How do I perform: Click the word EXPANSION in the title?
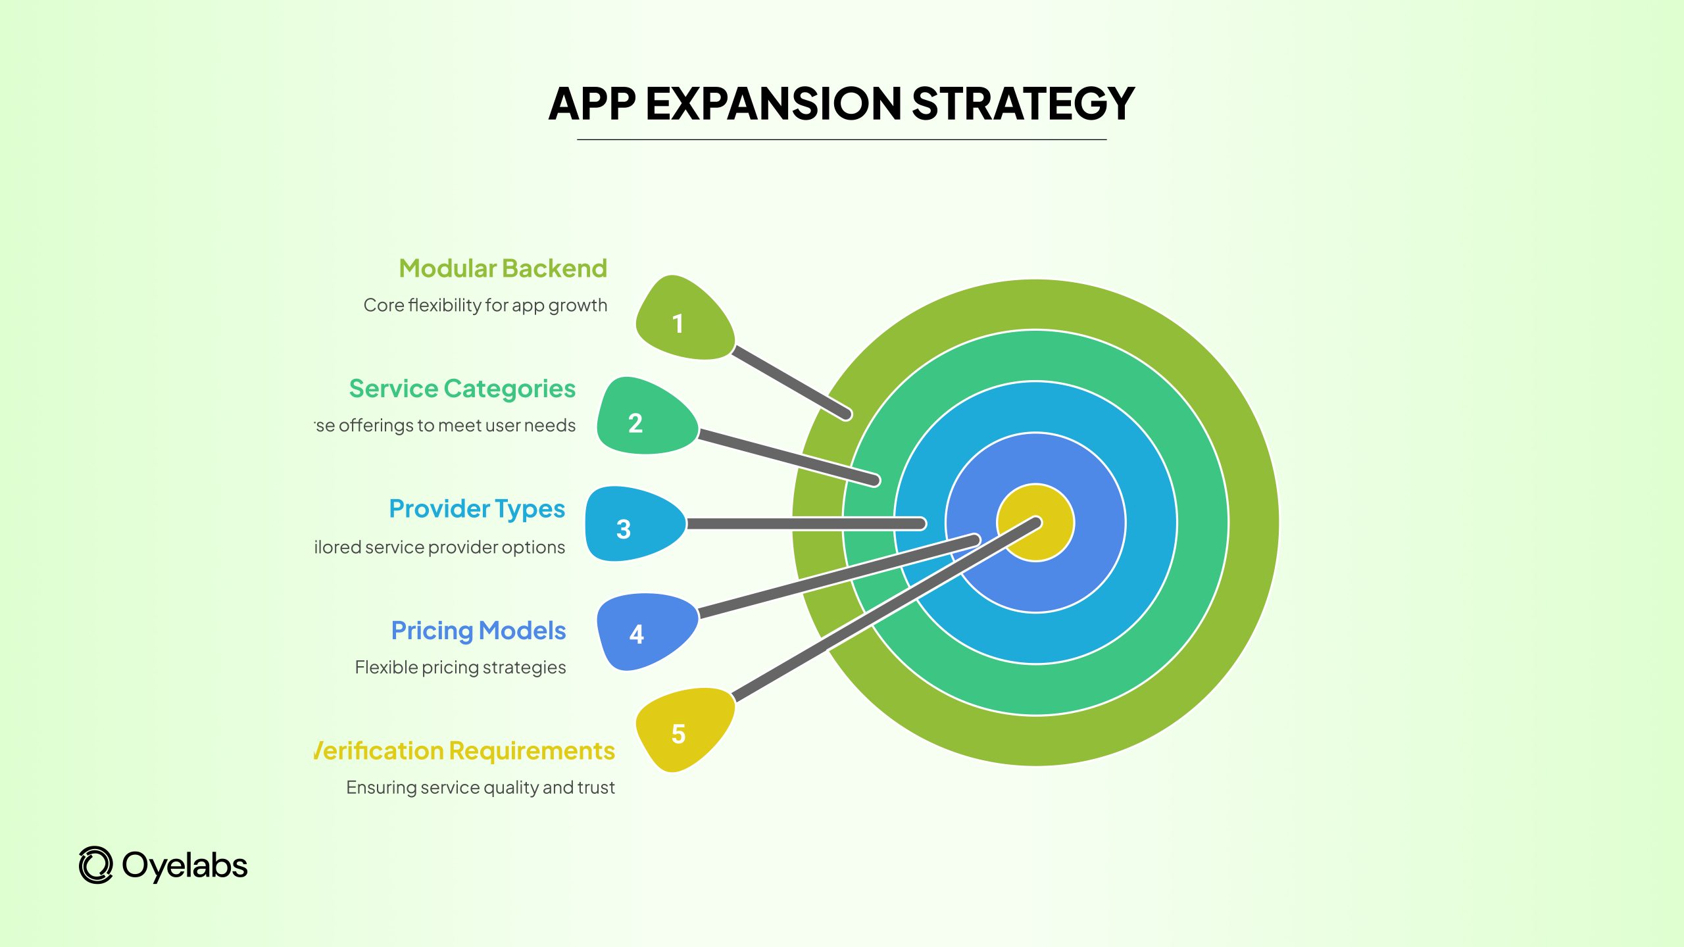[774, 104]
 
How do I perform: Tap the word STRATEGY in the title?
[1023, 104]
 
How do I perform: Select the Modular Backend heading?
[503, 268]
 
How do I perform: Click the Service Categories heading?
[462, 389]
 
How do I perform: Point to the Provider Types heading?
[477, 509]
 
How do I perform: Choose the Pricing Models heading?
[478, 631]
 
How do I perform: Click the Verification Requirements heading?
[464, 751]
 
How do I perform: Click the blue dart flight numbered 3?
[631, 525]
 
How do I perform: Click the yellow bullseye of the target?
[1046, 536]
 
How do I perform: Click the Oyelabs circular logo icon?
[96, 865]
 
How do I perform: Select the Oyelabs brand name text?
[185, 865]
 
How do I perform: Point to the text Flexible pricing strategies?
[460, 668]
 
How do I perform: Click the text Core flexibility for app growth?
[485, 305]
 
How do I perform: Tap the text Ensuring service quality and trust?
[480, 787]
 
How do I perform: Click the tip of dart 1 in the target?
[846, 414]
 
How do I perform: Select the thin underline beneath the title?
[841, 139]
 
